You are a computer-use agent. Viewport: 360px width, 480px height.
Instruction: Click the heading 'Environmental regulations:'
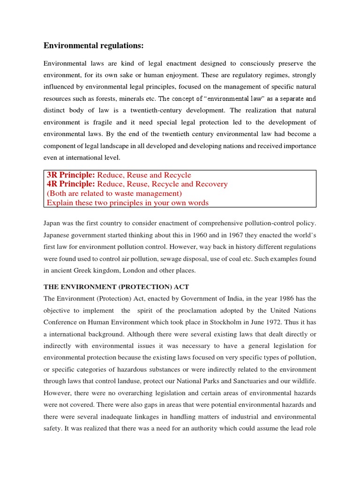coord(94,45)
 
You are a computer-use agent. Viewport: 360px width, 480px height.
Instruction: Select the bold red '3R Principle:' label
coord(71,175)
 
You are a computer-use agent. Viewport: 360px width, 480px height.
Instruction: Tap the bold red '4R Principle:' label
coord(71,184)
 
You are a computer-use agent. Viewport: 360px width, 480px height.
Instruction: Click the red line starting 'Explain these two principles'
coord(127,202)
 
